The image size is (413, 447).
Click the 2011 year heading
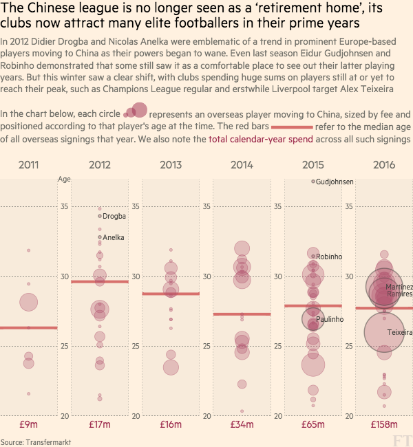pyautogui.click(x=28, y=164)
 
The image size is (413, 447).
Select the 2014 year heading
pyautogui.click(x=242, y=164)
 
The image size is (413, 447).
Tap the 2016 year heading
pyautogui.click(x=384, y=164)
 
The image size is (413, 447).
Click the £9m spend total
pyautogui.click(x=28, y=425)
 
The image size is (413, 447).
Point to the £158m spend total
pyautogui.click(x=384, y=425)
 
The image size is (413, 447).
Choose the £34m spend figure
pyautogui.click(x=242, y=425)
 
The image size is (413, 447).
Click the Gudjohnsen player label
pyautogui.click(x=335, y=182)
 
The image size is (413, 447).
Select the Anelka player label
pyautogui.click(x=114, y=237)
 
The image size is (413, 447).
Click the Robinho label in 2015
pyautogui.click(x=329, y=257)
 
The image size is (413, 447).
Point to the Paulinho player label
pyautogui.click(x=330, y=319)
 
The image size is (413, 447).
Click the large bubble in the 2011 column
pyautogui.click(x=28, y=302)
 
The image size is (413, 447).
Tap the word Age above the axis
pyautogui.click(x=64, y=179)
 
